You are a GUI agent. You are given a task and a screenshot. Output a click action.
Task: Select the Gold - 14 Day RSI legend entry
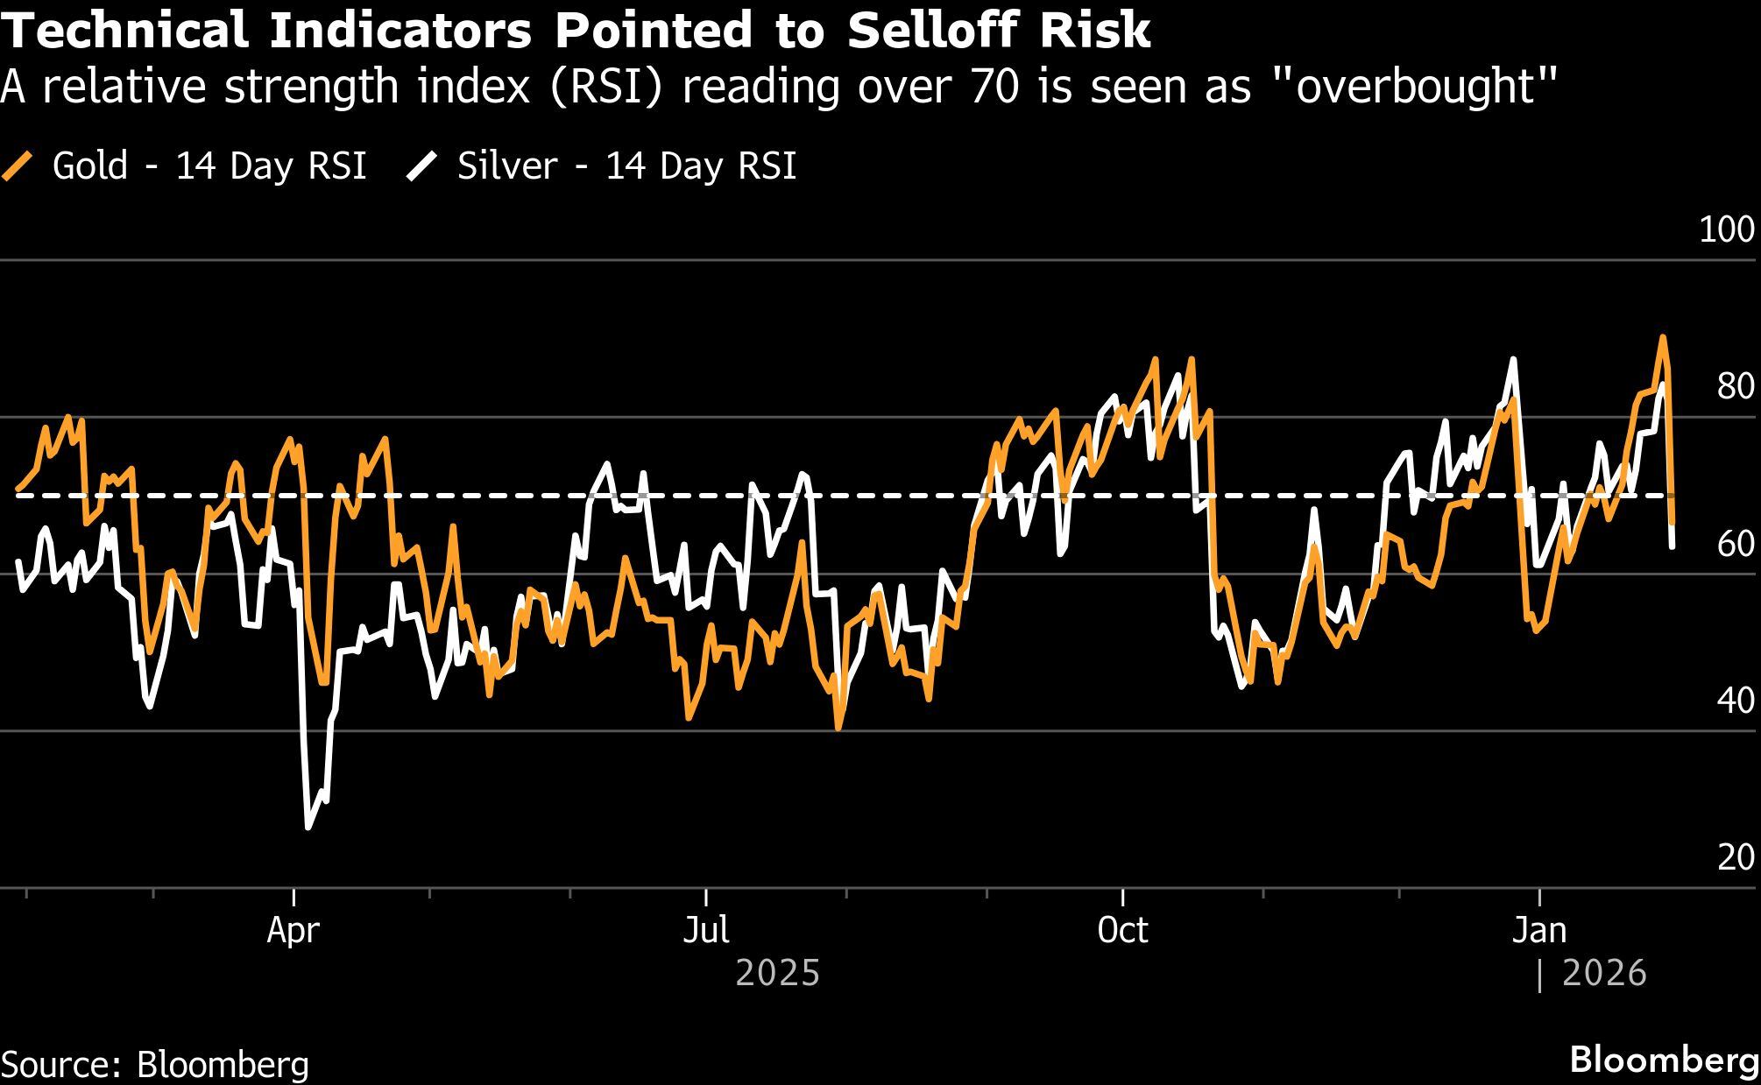209,166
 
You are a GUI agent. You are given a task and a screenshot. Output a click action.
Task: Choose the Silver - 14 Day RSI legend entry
626,166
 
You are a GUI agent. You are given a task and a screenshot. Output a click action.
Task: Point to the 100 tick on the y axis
1726,229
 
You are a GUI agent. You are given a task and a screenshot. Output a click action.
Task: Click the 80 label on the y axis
1735,386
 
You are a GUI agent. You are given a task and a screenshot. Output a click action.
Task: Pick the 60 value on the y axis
1735,544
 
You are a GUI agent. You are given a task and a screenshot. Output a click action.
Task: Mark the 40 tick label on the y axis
1735,701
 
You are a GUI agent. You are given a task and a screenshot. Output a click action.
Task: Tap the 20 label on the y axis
1735,857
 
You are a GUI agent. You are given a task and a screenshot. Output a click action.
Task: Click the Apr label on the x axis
293,930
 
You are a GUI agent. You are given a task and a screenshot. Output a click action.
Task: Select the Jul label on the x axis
706,930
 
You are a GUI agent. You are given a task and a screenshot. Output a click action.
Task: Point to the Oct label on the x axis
1122,930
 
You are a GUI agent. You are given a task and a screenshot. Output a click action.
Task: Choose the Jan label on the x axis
1539,930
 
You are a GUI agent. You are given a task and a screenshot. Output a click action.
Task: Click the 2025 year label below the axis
778,974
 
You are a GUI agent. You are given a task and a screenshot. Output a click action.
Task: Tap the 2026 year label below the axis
1603,974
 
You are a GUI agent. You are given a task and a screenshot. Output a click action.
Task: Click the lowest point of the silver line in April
308,827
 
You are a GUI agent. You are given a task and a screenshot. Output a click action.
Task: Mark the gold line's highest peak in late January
1662,336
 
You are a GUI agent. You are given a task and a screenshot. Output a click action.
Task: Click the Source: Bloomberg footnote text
155,1064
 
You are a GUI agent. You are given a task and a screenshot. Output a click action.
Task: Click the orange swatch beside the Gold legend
18,166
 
